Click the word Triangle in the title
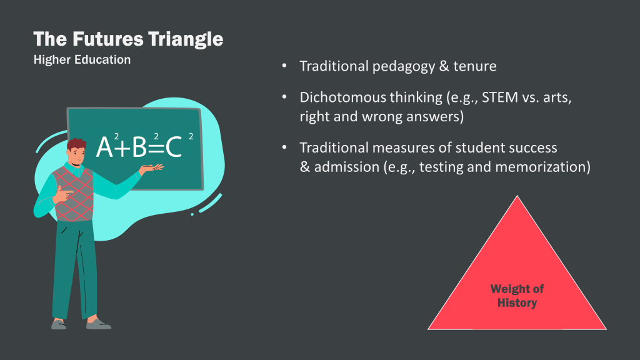[x=186, y=39]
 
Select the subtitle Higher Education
[x=82, y=59]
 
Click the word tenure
[x=475, y=66]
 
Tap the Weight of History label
[x=517, y=296]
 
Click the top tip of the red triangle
[x=517, y=196]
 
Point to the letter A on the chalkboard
[x=104, y=147]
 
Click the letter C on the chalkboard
[x=174, y=147]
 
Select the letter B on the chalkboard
[x=139, y=147]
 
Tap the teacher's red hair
[x=76, y=144]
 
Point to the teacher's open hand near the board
[x=151, y=168]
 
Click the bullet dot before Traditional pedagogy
[x=284, y=65]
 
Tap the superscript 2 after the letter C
[x=191, y=136]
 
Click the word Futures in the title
[x=107, y=39]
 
